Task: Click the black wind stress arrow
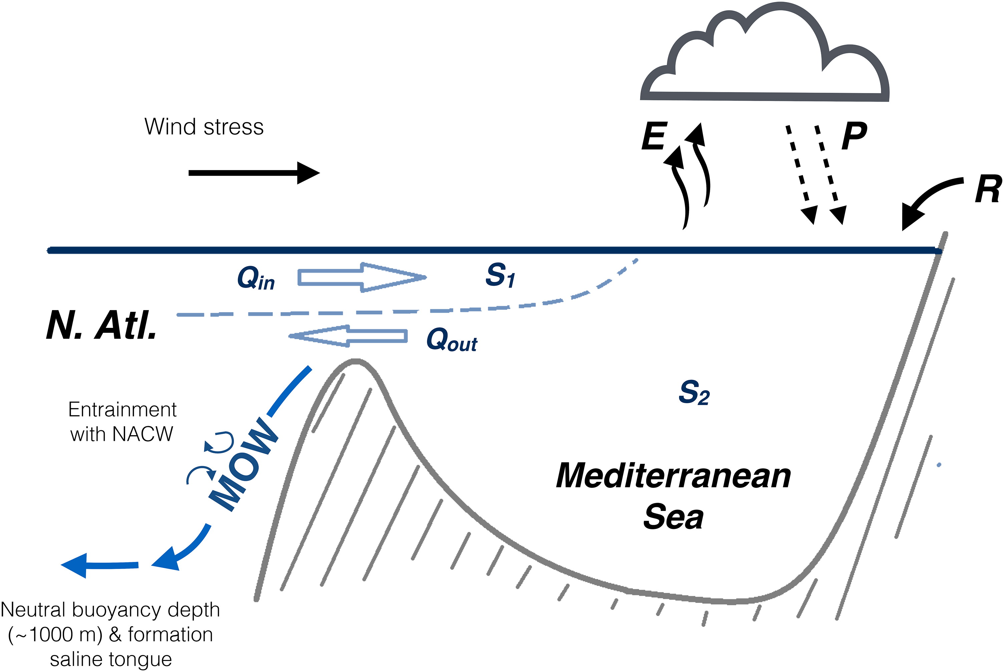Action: pos(254,173)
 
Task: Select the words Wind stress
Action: pos(204,127)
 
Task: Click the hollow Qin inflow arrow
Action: pos(362,278)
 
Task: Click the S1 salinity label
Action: pos(500,275)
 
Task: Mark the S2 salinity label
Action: pos(694,393)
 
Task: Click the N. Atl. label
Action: pos(101,325)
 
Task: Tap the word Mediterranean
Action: pos(673,476)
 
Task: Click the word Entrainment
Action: pos(122,410)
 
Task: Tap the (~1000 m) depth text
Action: pos(55,635)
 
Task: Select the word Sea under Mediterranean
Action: pos(673,517)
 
